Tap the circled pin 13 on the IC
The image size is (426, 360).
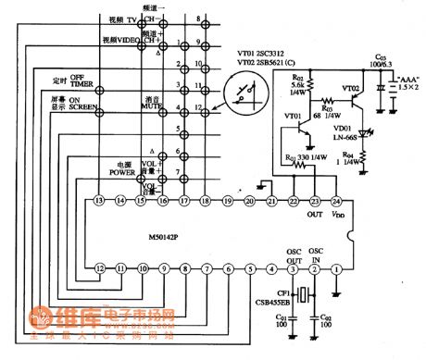pos(99,201)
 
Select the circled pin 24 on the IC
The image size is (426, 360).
pos(337,200)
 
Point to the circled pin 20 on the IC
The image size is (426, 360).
pos(249,201)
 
